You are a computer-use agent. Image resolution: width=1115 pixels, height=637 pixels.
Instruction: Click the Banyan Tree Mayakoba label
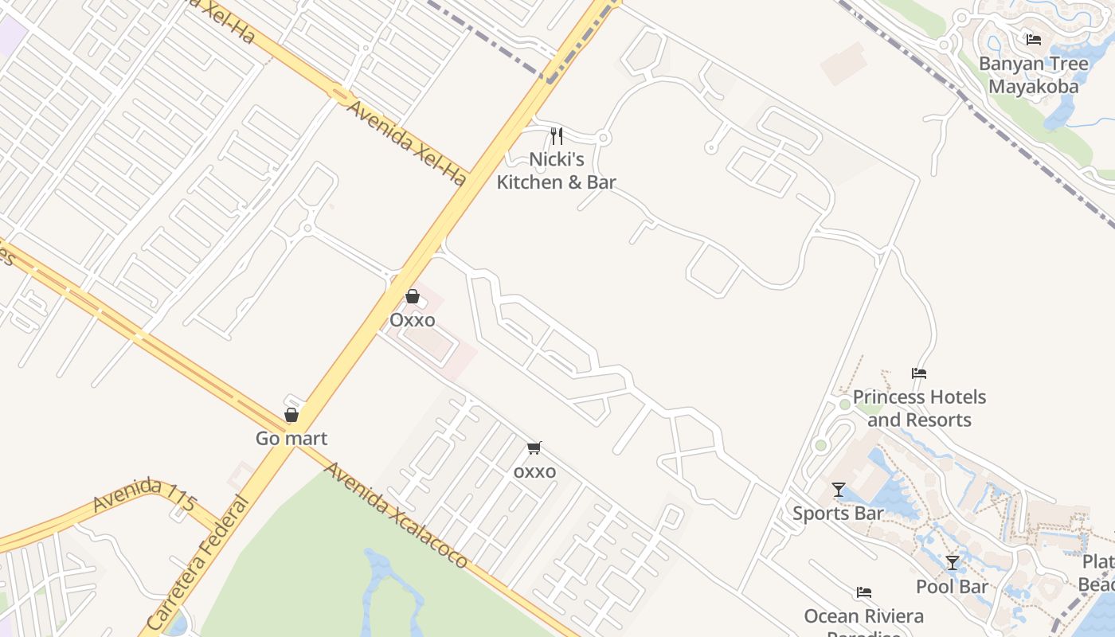pos(1033,75)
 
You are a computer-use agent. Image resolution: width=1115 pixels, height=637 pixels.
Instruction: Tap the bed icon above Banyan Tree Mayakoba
pos(1033,39)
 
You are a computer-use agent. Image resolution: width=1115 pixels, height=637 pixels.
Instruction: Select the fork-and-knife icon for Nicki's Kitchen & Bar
pos(557,136)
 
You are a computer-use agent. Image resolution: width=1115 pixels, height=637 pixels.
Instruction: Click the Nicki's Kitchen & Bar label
pos(557,170)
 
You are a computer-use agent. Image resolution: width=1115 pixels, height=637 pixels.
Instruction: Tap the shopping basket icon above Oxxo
pos(413,297)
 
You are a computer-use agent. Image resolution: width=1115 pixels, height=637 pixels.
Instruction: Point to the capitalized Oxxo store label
pos(413,320)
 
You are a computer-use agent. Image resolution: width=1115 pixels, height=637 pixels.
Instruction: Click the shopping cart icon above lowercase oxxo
pos(534,448)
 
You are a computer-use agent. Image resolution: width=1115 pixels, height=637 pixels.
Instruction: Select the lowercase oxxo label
pos(534,471)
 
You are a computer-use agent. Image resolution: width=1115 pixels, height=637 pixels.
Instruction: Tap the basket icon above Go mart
pos(291,415)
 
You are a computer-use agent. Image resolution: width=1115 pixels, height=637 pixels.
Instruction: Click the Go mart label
pos(291,438)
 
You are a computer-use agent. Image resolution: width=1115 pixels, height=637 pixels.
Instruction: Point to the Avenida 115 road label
pos(144,499)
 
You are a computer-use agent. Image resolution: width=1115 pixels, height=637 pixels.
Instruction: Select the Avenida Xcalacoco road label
pos(396,515)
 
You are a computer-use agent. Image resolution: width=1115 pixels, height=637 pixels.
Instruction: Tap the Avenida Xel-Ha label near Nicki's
pos(405,143)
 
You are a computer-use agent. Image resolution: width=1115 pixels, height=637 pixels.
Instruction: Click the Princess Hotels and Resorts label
pos(919,408)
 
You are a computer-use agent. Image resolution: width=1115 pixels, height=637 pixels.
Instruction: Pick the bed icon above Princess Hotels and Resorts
pos(919,373)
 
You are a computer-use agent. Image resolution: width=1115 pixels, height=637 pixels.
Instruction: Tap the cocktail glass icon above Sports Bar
pos(838,489)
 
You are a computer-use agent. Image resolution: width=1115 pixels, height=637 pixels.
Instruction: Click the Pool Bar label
pos(952,587)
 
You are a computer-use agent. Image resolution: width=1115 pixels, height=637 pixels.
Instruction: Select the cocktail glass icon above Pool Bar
pos(952,563)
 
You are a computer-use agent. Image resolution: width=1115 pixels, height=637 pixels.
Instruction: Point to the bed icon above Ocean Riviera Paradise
pos(864,592)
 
